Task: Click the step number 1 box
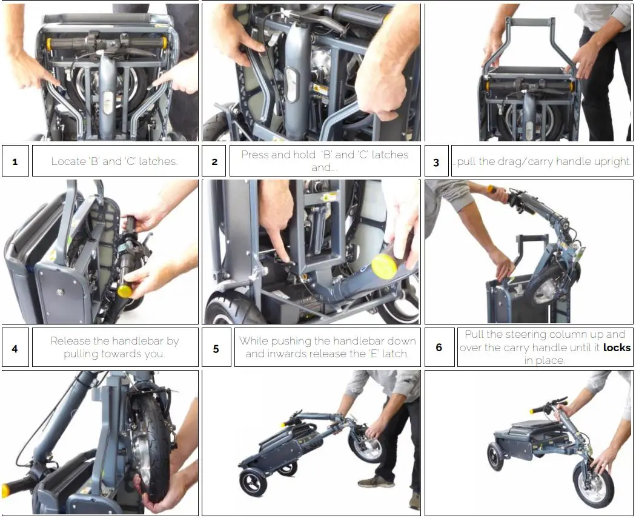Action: point(15,161)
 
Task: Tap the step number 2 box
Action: point(214,161)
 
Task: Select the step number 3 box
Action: point(437,161)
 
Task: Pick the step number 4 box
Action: point(15,348)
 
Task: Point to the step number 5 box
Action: point(216,348)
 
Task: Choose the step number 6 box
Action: point(439,348)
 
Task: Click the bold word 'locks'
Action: point(617,348)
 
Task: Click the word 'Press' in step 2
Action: point(255,155)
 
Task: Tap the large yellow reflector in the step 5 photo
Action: point(385,266)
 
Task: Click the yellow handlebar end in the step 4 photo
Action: point(125,291)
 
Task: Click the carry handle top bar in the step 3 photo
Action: point(532,21)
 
